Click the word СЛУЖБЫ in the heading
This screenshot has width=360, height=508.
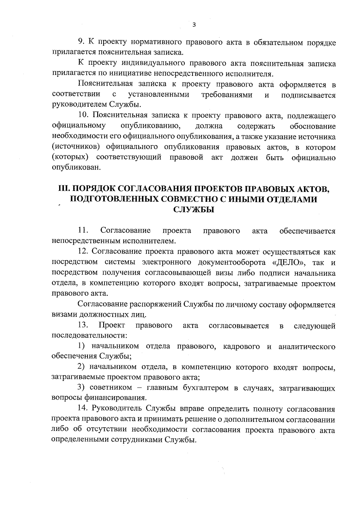(194, 210)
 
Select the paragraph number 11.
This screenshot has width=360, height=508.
(82, 230)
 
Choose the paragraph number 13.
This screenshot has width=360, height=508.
(82, 325)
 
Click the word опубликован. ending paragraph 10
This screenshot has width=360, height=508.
(76, 168)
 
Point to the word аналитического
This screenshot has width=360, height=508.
(307, 347)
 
